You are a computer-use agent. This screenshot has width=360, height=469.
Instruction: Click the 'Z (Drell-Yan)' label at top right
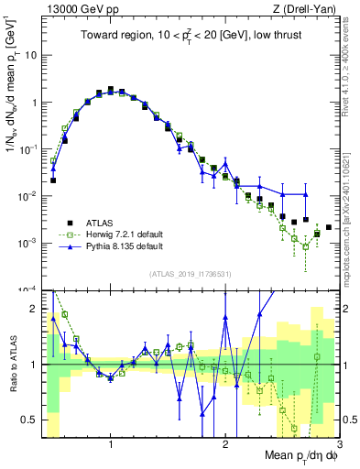pyautogui.click(x=307, y=9)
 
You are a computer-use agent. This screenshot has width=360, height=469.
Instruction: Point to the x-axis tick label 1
pyautogui.click(x=111, y=445)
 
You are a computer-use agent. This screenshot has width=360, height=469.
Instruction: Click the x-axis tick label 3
pyautogui.click(x=338, y=445)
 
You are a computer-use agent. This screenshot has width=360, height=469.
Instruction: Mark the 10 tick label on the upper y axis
pyautogui.click(x=30, y=55)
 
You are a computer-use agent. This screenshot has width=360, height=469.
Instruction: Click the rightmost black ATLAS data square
pyautogui.click(x=329, y=227)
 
